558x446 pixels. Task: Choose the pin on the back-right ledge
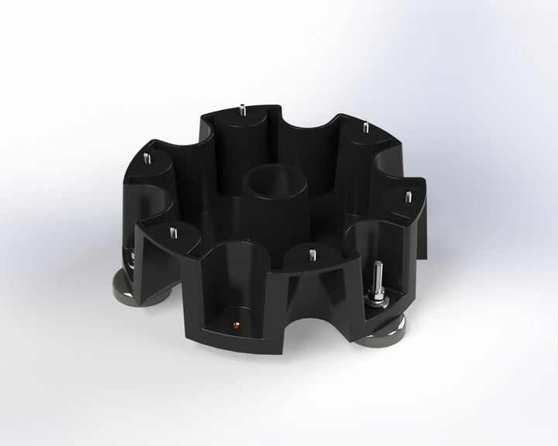pos(364,126)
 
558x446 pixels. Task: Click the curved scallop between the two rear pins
pos(306,124)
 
